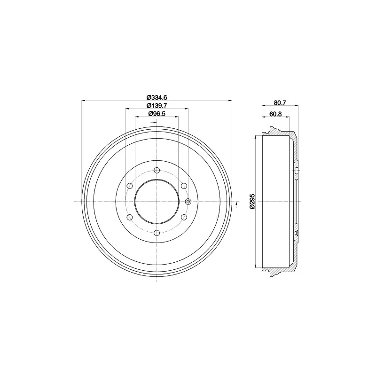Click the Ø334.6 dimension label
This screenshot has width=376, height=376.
pos(157,97)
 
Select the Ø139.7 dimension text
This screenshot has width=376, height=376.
pos(157,105)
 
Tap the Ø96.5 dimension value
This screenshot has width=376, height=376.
pos(157,114)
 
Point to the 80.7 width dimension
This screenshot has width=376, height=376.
pos(280,102)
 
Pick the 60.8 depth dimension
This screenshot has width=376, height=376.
pos(275,114)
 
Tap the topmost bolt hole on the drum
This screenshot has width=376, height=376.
pos(157,170)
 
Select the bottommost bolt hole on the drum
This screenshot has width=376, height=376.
pos(157,233)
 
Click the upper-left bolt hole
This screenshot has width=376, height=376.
pos(130,186)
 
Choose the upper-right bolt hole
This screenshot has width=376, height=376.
pos(184,186)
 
